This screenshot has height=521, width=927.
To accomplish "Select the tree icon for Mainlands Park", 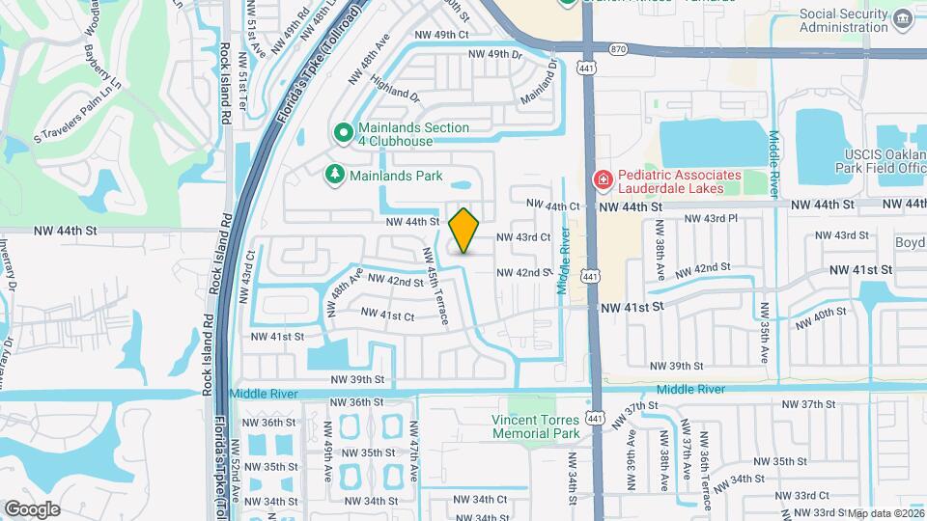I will click(333, 175).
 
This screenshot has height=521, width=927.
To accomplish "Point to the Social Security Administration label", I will click(844, 20).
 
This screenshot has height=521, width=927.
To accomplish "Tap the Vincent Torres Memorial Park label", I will click(535, 426).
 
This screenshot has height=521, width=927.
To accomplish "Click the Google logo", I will click(32, 509).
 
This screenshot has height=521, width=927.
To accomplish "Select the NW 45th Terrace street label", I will click(434, 285).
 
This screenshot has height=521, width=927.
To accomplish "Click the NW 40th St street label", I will click(816, 319).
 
